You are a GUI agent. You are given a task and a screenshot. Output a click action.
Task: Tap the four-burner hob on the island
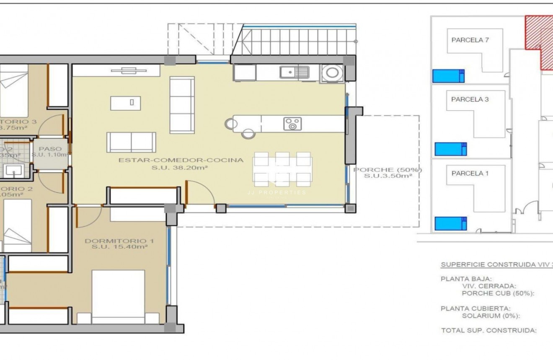coord(292,124)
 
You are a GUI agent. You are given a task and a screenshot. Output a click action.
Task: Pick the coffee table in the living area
coord(125,103)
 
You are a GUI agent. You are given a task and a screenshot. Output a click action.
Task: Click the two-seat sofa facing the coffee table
coord(131,142)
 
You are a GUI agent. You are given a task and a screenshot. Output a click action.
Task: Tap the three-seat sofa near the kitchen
coord(182,99)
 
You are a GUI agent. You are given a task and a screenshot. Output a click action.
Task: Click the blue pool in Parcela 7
coord(448,76)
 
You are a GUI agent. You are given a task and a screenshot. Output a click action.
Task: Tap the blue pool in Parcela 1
coord(450,223)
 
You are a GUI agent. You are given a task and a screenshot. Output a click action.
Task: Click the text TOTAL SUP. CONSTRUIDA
coord(488,330)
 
